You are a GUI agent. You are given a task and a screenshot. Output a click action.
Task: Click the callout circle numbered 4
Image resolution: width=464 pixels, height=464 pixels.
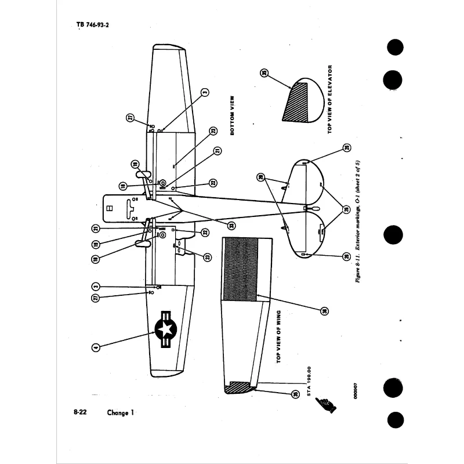(x=96, y=347)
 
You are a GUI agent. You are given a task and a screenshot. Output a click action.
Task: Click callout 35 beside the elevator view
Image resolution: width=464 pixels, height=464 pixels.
(x=264, y=73)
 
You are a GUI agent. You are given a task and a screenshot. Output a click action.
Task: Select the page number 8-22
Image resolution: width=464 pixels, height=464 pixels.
(x=81, y=412)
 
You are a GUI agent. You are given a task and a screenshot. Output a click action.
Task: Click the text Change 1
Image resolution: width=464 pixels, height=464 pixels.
(x=121, y=413)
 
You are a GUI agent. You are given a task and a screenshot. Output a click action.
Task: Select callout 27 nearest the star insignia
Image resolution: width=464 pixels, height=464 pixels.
(x=96, y=298)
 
